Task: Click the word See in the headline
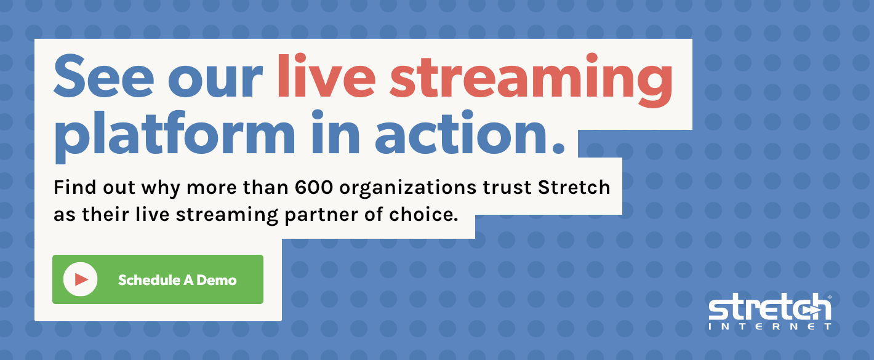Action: coord(104,76)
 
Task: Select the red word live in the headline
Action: coord(326,74)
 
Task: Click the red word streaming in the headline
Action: coord(531,80)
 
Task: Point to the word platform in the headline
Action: coord(175,136)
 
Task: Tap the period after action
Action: coord(559,148)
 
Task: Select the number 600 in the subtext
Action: coord(314,187)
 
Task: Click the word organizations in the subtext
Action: coord(407,189)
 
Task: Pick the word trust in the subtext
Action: coord(507,188)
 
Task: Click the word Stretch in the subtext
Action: coord(574,187)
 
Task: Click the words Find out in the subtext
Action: coord(94,187)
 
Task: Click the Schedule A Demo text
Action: coord(177,280)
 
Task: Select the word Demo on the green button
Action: coord(217,280)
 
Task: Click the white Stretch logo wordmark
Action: coord(770,308)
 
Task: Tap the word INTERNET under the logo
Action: coord(770,326)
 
